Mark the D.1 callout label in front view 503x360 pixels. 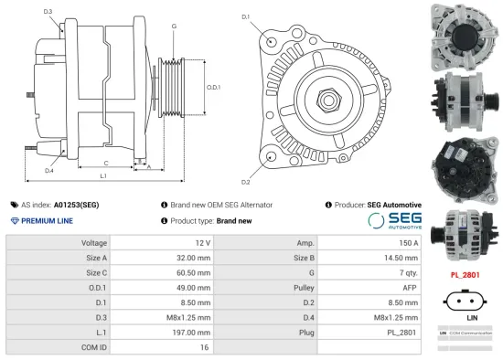tap(245, 17)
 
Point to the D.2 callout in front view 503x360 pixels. tap(245, 170)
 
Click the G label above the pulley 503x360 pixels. tap(174, 26)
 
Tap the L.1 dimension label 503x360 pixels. tap(103, 175)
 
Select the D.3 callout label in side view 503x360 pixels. tap(48, 12)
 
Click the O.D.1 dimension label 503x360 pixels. tap(213, 86)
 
